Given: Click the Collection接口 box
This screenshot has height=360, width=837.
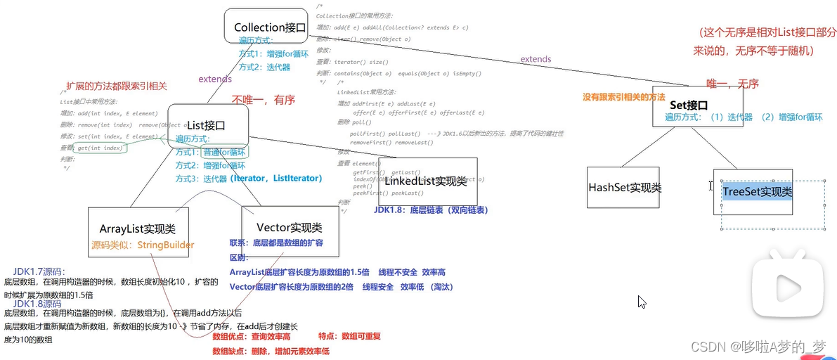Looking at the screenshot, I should click(270, 28).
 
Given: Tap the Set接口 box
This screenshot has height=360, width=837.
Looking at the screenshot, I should click(686, 105).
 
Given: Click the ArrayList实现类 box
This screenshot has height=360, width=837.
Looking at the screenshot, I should click(138, 229).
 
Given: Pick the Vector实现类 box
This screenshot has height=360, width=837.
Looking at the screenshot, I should click(289, 228).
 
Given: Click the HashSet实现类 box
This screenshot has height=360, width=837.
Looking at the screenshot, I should click(624, 188).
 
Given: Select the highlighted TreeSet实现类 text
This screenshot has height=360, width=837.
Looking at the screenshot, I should click(757, 191).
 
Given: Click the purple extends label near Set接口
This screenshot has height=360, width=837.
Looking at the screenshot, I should click(536, 60).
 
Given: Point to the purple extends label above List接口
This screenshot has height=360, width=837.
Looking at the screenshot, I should click(215, 79).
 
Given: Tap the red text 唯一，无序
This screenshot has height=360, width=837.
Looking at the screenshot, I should click(732, 84).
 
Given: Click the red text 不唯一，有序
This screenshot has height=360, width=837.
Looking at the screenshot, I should click(264, 101).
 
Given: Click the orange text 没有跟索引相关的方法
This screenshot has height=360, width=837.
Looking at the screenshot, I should click(624, 97).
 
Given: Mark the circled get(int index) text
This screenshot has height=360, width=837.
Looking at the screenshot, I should click(101, 148).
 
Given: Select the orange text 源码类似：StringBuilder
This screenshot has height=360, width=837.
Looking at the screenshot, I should click(143, 245).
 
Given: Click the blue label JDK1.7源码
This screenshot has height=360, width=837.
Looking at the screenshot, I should click(39, 271).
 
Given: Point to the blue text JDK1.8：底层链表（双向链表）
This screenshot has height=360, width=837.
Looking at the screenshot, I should click(431, 210).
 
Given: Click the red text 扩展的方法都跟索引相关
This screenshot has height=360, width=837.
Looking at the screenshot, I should click(117, 86).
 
